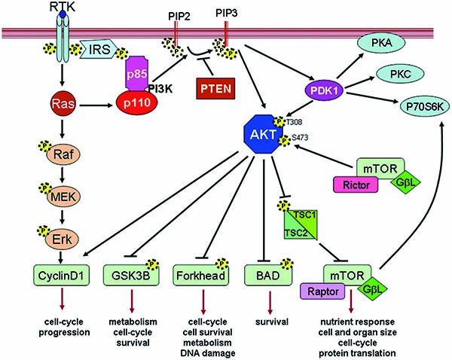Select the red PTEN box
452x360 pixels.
tap(215, 88)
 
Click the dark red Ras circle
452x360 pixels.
tap(63, 103)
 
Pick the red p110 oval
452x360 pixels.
tap(137, 103)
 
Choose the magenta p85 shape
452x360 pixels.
tap(137, 73)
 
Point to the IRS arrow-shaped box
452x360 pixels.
tap(99, 49)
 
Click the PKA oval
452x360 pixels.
tap(381, 43)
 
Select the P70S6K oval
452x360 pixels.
tap(425, 106)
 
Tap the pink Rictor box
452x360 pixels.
tap(356, 185)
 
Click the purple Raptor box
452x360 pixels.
tap(323, 291)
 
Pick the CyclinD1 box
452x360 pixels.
tap(61, 276)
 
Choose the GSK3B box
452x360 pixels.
tap(131, 276)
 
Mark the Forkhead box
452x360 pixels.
tap(200, 276)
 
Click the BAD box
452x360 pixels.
tap(268, 276)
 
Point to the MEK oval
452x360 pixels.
tap(63, 197)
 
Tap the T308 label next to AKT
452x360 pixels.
tap(294, 122)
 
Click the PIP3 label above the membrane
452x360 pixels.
tap(227, 13)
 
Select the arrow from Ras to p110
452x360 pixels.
tap(96, 105)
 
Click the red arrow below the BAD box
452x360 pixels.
tap(270, 303)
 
